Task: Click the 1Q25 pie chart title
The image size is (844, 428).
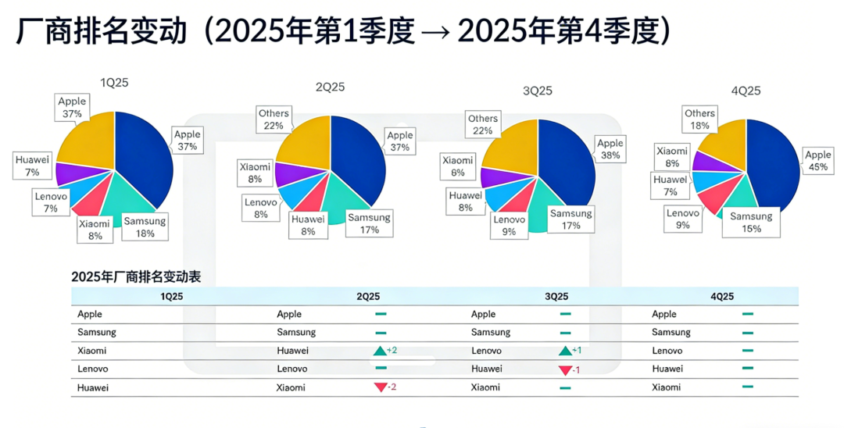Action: click(x=114, y=84)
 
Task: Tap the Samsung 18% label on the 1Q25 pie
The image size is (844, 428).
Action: click(x=145, y=227)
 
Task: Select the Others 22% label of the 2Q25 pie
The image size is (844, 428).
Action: click(x=274, y=119)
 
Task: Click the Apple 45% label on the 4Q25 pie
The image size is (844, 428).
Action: click(x=818, y=161)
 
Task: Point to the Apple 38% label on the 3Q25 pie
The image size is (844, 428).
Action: click(x=610, y=149)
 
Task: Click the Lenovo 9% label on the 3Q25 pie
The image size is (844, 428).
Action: click(x=509, y=226)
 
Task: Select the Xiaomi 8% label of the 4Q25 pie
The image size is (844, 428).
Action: click(x=671, y=157)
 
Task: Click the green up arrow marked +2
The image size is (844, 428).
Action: click(x=381, y=351)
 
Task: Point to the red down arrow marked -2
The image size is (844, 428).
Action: click(x=381, y=387)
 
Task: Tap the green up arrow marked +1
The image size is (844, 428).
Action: click(x=565, y=351)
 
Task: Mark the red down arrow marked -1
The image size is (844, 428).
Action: click(x=565, y=369)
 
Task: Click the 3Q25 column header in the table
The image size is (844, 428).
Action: click(x=556, y=296)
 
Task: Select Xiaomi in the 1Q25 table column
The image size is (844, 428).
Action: click(x=92, y=351)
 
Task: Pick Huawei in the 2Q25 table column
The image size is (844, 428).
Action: click(x=292, y=351)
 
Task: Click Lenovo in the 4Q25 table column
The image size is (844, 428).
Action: click(x=667, y=351)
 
